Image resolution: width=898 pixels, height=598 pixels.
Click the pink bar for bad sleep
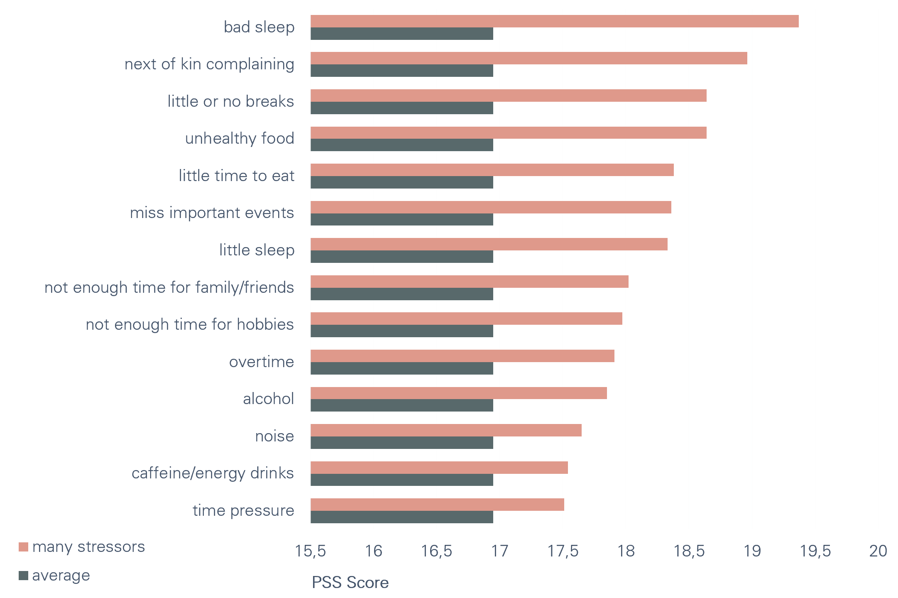coord(554,21)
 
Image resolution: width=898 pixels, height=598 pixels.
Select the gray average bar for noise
coord(401,443)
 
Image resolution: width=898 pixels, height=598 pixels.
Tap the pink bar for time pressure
coord(437,505)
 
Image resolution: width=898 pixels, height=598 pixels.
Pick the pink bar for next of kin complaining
coord(529,58)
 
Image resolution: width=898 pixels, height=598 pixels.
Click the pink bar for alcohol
coord(458,393)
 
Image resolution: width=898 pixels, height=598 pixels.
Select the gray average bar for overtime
coord(401,368)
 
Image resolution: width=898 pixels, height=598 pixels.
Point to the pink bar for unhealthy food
coord(508,132)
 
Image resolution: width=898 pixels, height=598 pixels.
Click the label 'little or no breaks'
coord(230,101)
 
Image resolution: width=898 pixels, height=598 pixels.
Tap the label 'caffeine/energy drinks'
coord(213,473)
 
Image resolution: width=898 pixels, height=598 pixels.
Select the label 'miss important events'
coord(212,213)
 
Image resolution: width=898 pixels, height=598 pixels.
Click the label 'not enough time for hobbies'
coord(190,324)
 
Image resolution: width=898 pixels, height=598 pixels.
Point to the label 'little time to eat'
coord(236,176)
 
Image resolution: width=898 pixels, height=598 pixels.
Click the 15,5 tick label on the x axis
coord(310,551)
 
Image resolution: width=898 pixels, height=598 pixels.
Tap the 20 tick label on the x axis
coord(878,551)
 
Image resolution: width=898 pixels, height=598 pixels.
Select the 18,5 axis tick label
coord(689,551)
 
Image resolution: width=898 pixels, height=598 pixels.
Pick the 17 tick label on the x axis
coord(499,551)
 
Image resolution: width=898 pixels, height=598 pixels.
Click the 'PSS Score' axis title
coord(350,583)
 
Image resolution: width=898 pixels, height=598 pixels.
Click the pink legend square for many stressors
coord(23,547)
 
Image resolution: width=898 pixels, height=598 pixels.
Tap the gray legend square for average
coord(23,576)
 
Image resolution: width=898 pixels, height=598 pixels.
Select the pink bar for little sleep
coord(489,244)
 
